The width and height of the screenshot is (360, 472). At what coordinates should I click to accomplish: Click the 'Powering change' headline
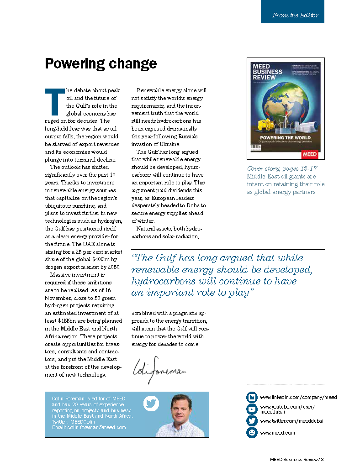click(101, 63)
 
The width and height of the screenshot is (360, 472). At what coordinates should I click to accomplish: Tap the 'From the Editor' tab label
click(295, 15)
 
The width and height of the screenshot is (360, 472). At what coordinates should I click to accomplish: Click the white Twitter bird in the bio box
click(150, 404)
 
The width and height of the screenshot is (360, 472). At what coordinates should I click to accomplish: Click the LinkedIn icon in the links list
click(252, 397)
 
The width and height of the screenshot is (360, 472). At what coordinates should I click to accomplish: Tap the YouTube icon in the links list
click(252, 409)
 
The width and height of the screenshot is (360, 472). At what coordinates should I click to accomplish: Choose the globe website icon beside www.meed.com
click(252, 432)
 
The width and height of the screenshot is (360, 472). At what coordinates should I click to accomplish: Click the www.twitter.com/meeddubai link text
click(291, 421)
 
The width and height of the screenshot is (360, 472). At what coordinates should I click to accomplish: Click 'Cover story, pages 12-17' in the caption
click(282, 169)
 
